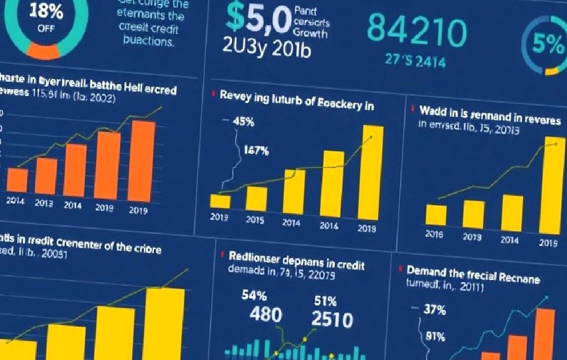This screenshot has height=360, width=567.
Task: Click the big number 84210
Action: (x=417, y=33)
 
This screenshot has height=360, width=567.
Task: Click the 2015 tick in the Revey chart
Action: (x=255, y=220)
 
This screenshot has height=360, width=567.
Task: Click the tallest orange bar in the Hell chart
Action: (x=143, y=160)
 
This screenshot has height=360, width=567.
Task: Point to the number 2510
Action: (x=332, y=320)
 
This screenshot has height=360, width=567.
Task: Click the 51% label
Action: (x=326, y=301)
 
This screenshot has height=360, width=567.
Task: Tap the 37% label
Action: (x=434, y=310)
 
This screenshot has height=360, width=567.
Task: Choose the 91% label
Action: (x=436, y=336)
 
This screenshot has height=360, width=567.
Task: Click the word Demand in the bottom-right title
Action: (x=428, y=271)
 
